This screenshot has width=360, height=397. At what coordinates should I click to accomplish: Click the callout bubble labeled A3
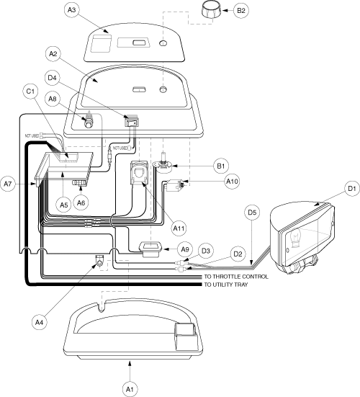coord(71,10)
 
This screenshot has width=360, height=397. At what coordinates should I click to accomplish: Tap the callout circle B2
coord(241,11)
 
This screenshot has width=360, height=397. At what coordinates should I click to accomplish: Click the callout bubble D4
coord(52,78)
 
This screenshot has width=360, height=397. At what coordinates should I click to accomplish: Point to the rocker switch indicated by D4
coord(132,121)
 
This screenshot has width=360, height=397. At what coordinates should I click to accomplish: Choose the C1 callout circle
coord(30,92)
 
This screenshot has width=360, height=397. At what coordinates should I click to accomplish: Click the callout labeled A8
coord(52,99)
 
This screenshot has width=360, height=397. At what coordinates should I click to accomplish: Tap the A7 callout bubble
coord(8,184)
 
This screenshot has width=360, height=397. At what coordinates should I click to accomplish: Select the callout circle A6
coord(81,202)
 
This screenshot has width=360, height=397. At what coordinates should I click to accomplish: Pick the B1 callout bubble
coord(221,166)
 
